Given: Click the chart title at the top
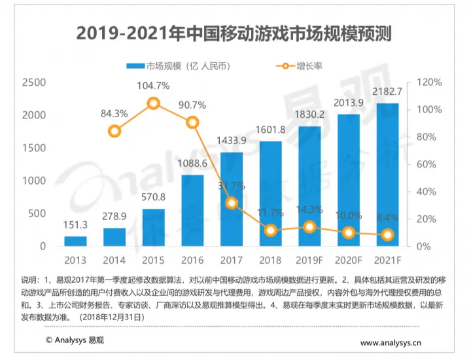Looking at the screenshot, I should tap(235, 33).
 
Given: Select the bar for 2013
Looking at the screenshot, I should tap(75, 241).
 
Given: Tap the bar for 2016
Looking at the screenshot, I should tap(192, 211).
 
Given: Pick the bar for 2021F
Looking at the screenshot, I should tap(388, 175).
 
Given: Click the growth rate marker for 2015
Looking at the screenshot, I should tap(153, 103).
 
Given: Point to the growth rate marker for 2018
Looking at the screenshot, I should tap(270, 230).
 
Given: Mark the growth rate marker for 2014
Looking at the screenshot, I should tap(114, 131).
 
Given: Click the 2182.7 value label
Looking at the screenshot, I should tap(388, 92).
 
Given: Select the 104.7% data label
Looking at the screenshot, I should tap(153, 86).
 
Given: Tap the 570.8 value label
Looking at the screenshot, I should tap(153, 197).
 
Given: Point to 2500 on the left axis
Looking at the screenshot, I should tap(33, 82).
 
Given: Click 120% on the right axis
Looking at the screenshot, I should tap(428, 82).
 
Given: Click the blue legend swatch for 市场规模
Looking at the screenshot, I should tap(135, 66).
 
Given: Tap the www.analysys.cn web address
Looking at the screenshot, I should tap(391, 342).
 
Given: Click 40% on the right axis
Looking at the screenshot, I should tap(426, 192).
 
